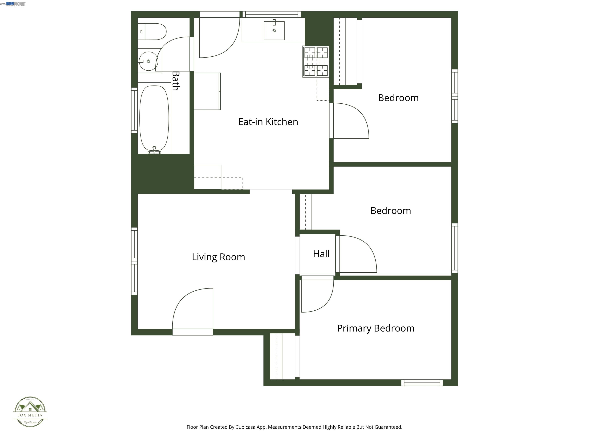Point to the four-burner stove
[x=316, y=62]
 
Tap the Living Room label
[x=218, y=257]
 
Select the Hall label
[x=321, y=254]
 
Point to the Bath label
[x=175, y=81]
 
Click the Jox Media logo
[x=30, y=412]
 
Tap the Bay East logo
[x=16, y=4]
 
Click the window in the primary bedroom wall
[x=422, y=383]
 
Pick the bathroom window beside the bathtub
[x=134, y=110]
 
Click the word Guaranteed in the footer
[x=388, y=427]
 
